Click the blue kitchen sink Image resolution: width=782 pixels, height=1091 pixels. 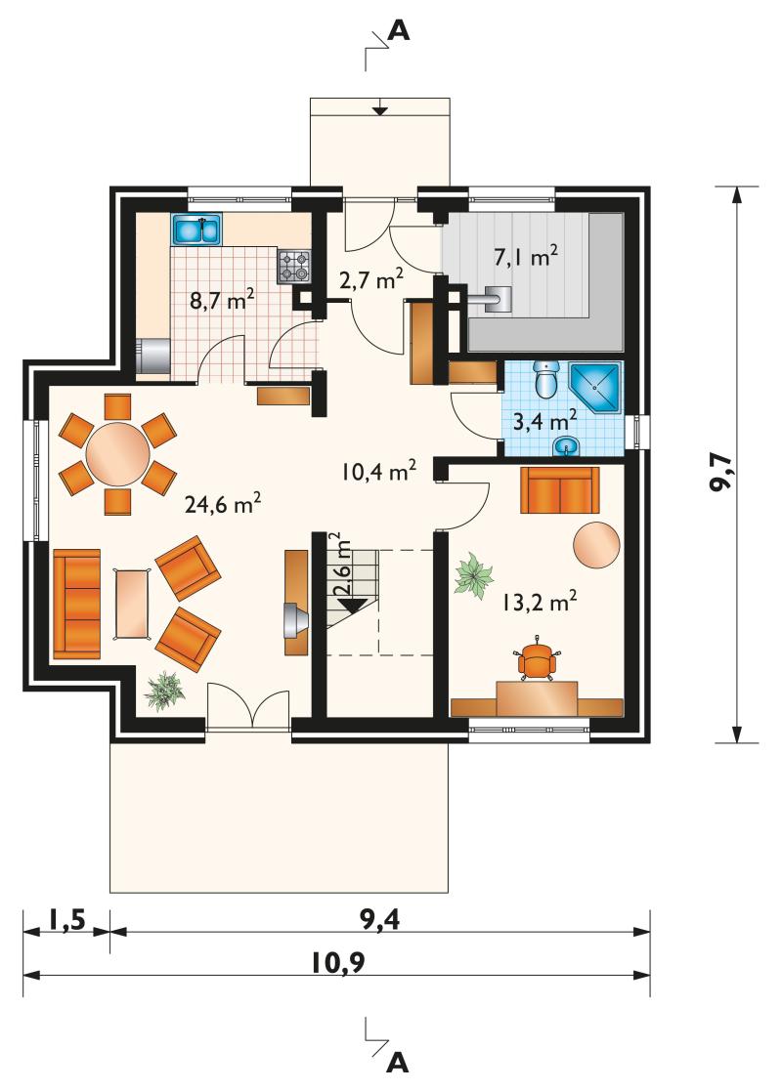tap(196, 230)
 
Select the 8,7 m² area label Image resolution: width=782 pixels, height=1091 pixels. tap(222, 301)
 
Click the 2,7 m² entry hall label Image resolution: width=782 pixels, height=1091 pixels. tap(371, 279)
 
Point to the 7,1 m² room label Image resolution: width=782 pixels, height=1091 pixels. tap(526, 257)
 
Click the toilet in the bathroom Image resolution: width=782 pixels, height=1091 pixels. tap(544, 379)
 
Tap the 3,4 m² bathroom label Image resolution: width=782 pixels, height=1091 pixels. tap(544, 421)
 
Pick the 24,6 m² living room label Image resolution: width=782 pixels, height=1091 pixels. tap(223, 504)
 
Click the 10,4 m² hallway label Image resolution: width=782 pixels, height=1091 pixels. tap(379, 471)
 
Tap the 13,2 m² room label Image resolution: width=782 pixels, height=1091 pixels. tap(540, 603)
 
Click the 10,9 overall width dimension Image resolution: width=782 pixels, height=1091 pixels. tap(338, 963)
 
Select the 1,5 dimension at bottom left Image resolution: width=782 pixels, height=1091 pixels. tap(66, 920)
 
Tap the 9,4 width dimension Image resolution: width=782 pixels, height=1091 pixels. tap(380, 920)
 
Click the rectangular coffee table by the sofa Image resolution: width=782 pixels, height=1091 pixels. tap(132, 604)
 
